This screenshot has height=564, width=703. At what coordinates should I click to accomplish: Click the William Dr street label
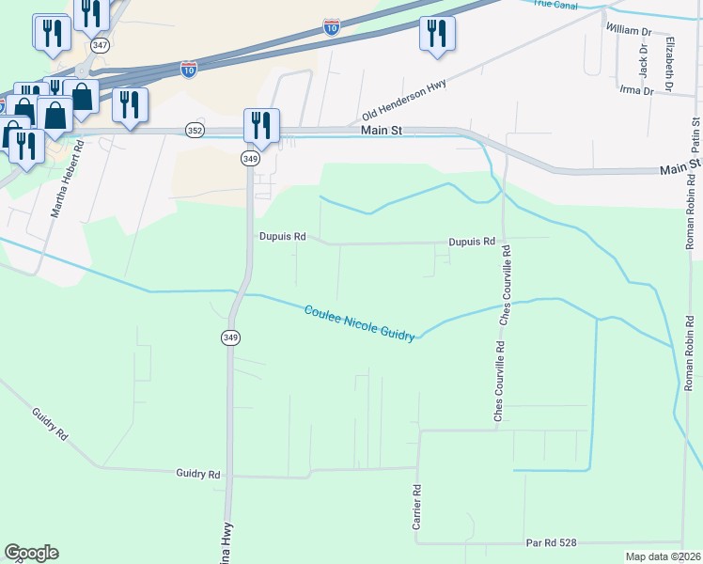tap(629, 30)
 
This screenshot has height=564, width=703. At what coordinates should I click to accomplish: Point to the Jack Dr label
tap(644, 65)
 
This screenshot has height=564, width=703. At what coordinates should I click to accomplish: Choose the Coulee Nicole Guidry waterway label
tap(359, 322)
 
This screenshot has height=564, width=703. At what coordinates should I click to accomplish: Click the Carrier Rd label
tap(417, 507)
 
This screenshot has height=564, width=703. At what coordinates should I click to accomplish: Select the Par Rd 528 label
tap(550, 542)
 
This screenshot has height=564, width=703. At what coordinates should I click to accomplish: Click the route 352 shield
tap(195, 131)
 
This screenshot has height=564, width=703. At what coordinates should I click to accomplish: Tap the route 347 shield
tap(99, 44)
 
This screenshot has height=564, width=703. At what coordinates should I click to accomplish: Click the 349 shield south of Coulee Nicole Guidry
tap(230, 337)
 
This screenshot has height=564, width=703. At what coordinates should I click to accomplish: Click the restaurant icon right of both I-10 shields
tap(437, 33)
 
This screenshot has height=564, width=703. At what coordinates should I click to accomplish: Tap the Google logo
tap(31, 553)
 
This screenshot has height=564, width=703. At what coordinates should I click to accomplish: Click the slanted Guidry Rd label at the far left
tap(50, 425)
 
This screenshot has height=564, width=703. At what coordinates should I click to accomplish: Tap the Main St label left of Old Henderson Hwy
tap(382, 131)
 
